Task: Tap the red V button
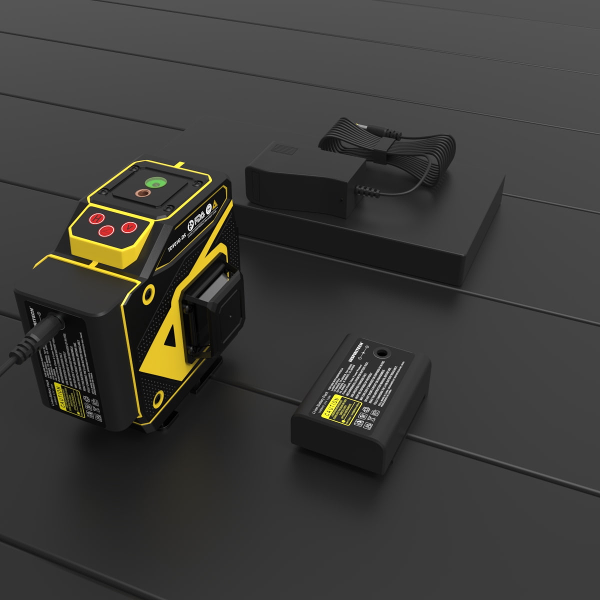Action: click(x=129, y=227)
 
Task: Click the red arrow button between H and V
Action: click(x=105, y=231)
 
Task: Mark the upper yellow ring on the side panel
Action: click(x=148, y=294)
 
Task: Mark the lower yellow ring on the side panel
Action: click(x=158, y=398)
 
